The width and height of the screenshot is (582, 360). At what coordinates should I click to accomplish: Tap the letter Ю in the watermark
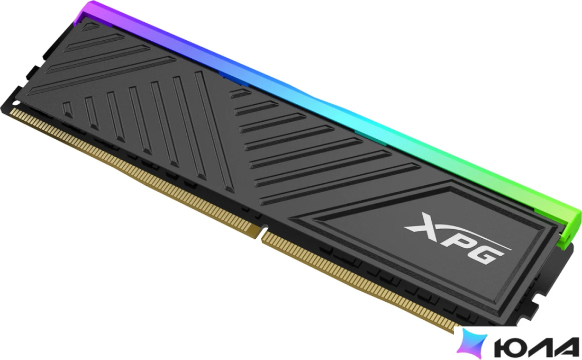click(511, 347)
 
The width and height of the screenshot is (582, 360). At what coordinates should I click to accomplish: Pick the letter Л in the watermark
click(540, 347)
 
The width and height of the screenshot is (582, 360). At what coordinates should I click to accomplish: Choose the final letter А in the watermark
click(565, 347)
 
